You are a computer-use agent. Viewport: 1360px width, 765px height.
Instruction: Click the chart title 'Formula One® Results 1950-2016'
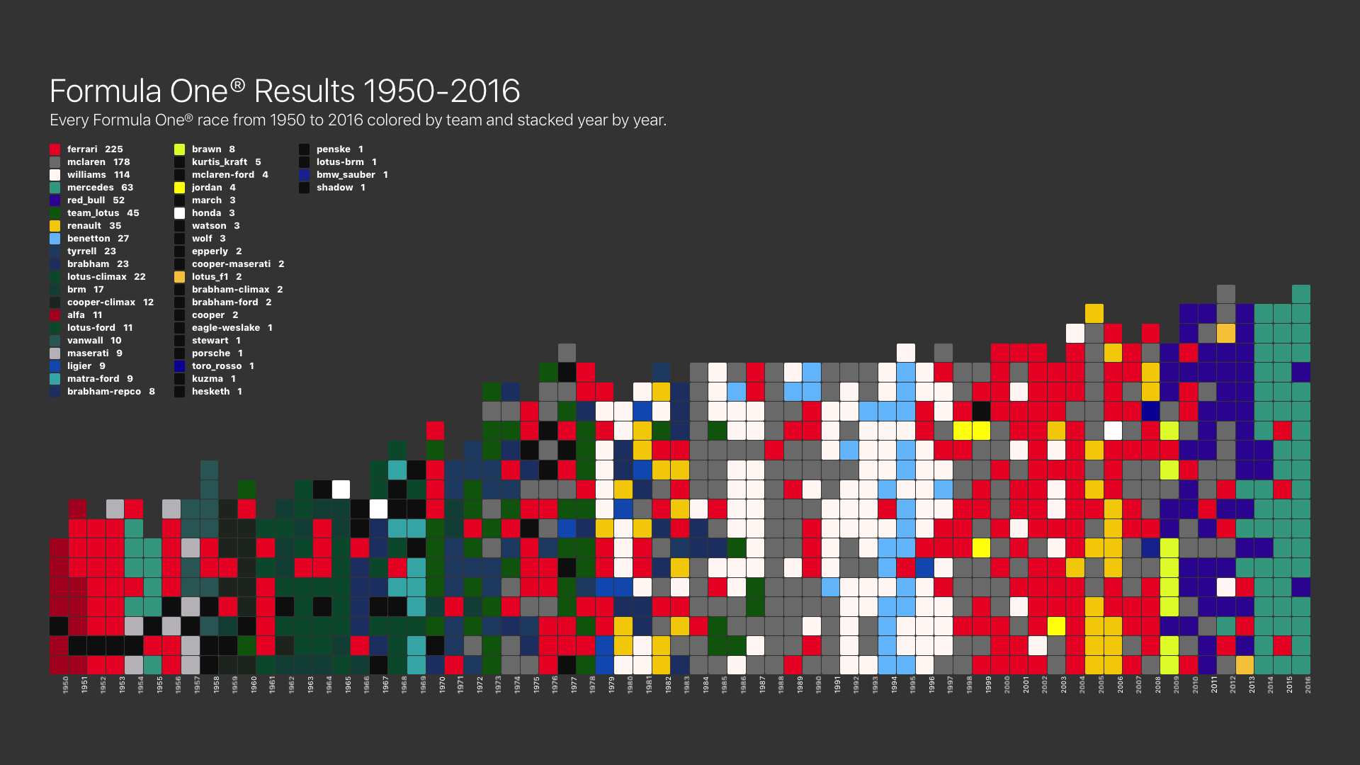tap(285, 91)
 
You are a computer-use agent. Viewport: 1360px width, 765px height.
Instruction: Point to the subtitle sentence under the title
tap(358, 120)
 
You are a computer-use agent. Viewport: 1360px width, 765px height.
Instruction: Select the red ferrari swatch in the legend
tap(55, 149)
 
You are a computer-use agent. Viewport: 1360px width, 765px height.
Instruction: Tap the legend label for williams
tap(86, 175)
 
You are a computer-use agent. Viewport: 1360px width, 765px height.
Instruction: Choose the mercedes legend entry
tap(91, 188)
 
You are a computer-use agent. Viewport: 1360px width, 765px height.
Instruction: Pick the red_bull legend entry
tap(87, 200)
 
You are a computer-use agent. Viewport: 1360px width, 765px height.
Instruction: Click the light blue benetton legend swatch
tap(55, 239)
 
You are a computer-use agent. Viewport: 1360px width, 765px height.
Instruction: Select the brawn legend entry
tap(205, 149)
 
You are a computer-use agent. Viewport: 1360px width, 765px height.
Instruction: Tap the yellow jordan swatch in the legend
tap(180, 188)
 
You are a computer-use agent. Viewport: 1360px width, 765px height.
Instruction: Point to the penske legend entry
tap(331, 149)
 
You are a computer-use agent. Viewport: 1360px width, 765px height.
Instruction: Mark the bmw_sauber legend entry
tap(344, 175)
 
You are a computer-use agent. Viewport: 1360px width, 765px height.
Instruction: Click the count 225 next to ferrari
tap(114, 149)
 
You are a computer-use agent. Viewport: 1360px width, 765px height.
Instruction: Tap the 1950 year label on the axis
tap(65, 685)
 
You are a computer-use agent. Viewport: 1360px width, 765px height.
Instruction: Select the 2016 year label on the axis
tap(1308, 685)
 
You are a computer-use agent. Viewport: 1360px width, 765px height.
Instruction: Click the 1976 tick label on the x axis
tap(555, 685)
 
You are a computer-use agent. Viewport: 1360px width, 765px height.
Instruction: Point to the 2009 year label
tap(1177, 685)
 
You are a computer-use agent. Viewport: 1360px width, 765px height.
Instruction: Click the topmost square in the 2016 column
tap(1301, 294)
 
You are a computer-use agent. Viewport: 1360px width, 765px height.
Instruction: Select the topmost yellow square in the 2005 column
tap(1094, 313)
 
